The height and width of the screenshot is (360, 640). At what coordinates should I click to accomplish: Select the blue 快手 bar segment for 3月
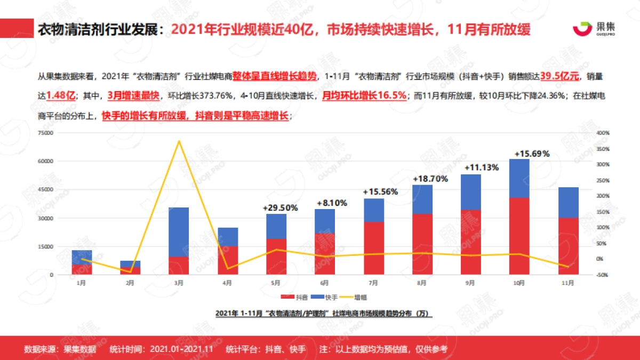point(179,232)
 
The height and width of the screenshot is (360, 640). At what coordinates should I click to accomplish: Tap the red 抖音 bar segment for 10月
point(519,236)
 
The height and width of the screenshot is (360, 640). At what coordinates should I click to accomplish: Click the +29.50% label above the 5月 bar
point(281,207)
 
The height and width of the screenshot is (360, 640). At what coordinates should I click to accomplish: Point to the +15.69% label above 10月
point(532,154)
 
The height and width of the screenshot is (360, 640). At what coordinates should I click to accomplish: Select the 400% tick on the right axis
point(603,133)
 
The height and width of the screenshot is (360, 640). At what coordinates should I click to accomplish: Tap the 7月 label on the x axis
point(373,283)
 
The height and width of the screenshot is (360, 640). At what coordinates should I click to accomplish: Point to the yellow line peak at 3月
point(179,141)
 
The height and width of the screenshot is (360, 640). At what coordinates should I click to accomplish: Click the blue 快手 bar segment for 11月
point(568,202)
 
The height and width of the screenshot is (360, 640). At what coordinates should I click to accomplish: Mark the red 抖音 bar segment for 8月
point(422,244)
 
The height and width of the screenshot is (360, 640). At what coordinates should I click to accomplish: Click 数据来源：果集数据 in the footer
point(60,349)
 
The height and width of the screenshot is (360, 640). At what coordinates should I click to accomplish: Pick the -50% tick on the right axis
point(603,275)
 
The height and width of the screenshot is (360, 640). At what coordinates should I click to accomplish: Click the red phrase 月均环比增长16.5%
point(362,96)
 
